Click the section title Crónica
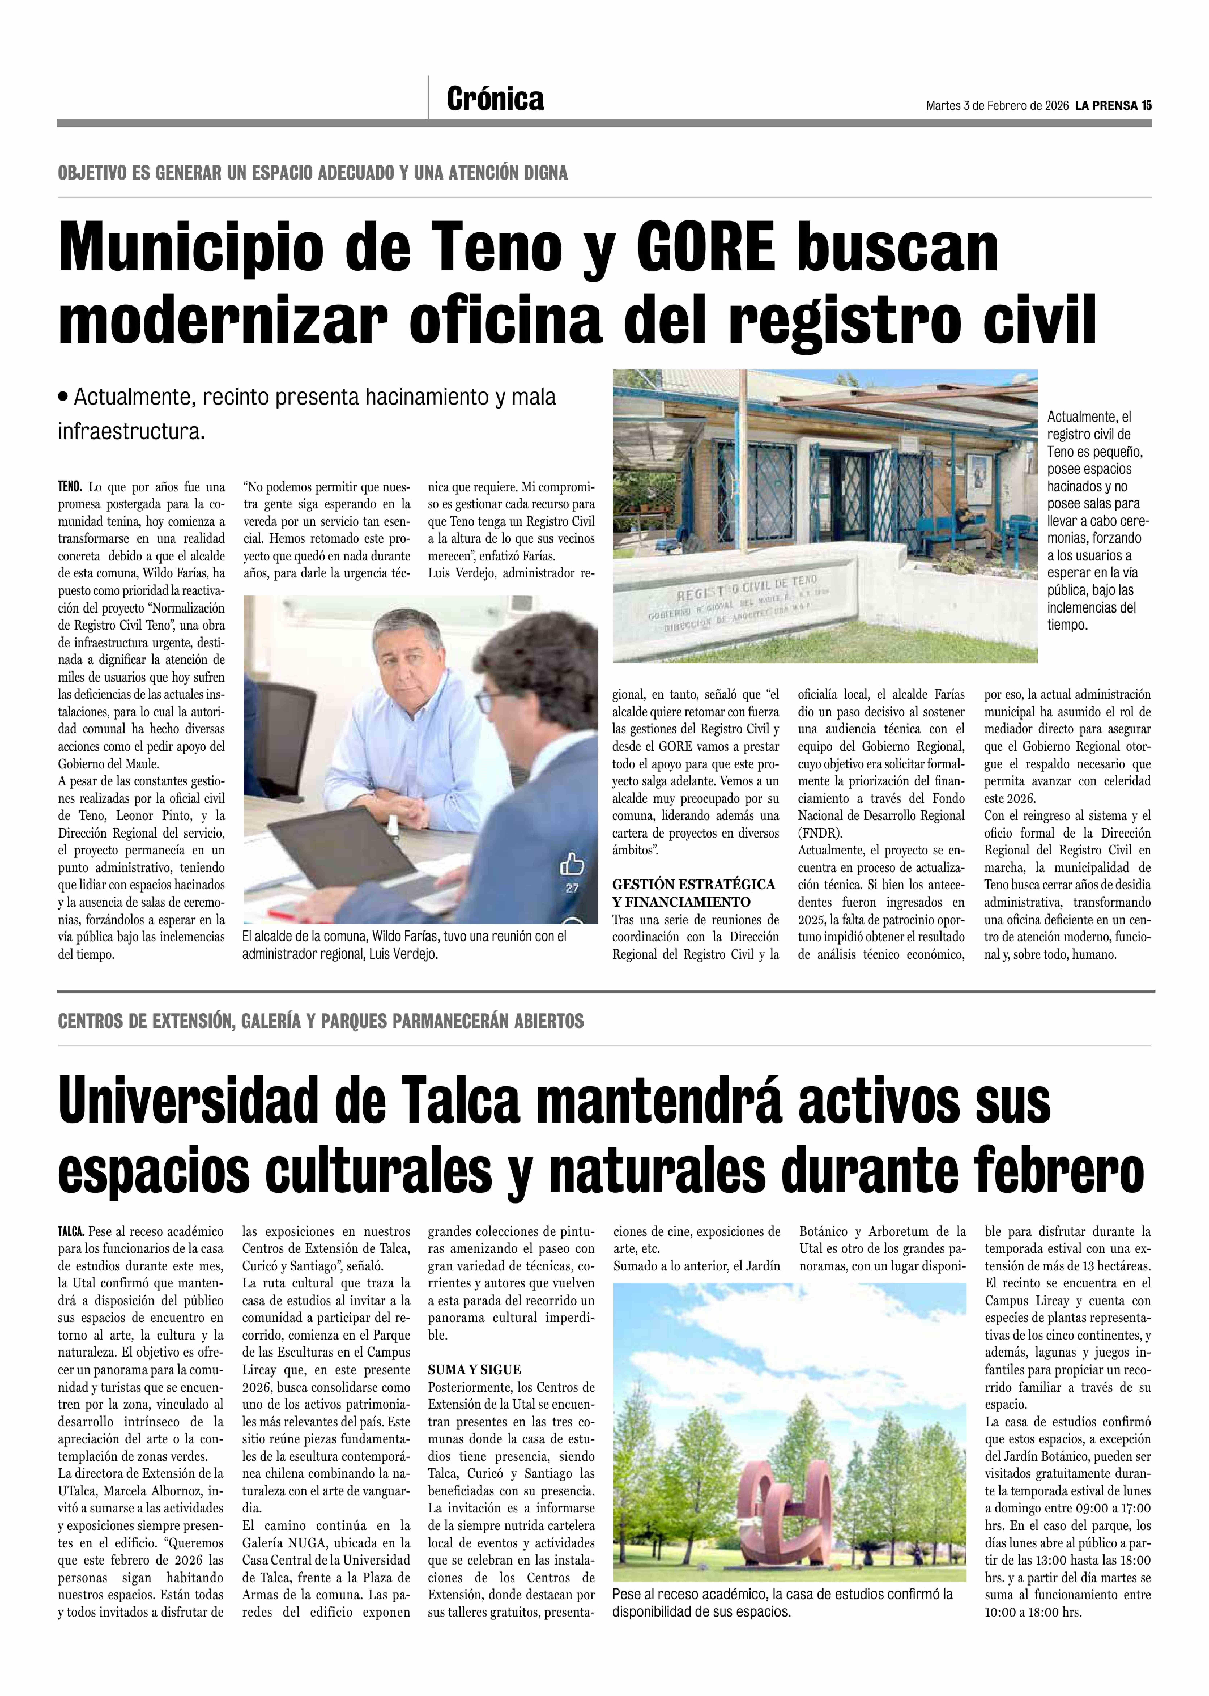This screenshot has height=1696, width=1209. point(495,99)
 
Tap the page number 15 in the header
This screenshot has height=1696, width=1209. point(1146,106)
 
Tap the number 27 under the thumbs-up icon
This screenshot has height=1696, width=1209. point(572,887)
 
